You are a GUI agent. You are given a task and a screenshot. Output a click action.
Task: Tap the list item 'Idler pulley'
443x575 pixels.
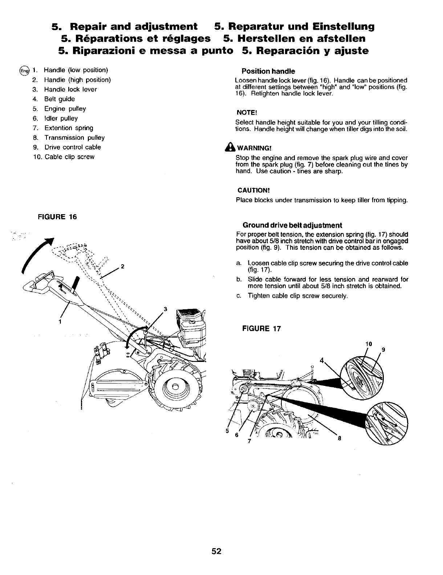click(x=61, y=118)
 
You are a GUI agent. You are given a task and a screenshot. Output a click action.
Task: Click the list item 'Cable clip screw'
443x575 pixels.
click(x=69, y=157)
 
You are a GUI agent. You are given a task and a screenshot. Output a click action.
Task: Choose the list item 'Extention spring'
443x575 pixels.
click(x=69, y=128)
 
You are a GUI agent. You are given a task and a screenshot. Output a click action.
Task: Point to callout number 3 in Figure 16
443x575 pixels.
click(x=165, y=309)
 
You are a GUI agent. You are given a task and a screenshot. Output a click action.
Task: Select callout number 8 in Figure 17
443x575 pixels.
click(x=339, y=438)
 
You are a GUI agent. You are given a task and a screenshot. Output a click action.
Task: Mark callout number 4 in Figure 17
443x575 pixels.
click(x=322, y=361)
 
